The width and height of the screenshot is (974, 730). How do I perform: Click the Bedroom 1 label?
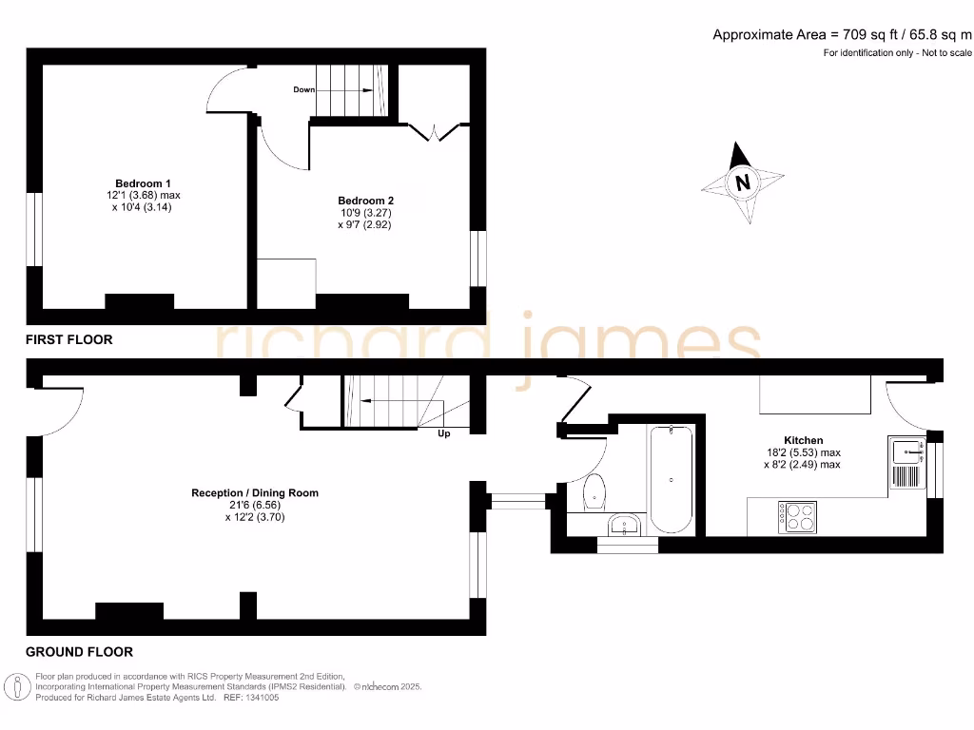tap(143, 182)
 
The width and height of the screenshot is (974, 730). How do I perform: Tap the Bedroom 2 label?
tap(365, 201)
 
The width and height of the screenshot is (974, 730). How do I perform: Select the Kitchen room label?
tap(804, 440)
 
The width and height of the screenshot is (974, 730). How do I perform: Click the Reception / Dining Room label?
tap(255, 492)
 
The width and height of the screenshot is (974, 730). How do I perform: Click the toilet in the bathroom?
tap(596, 490)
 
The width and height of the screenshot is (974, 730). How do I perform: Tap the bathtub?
tap(672, 480)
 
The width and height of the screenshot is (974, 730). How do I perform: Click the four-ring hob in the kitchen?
tap(797, 515)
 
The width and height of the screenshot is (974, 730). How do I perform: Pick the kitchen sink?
tap(906, 462)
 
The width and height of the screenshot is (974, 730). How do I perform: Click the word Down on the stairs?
tap(304, 89)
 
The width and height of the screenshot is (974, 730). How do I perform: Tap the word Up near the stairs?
tap(443, 434)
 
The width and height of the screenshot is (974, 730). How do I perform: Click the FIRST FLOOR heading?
tap(68, 339)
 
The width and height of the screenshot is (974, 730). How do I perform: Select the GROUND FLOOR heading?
tap(79, 652)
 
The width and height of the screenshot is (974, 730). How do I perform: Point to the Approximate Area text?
tap(842, 35)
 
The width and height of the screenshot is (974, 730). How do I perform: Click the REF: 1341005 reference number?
tap(251, 697)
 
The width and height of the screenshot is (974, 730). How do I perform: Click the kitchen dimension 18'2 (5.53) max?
tap(803, 452)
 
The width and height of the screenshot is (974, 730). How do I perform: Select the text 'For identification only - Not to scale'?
tap(897, 53)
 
